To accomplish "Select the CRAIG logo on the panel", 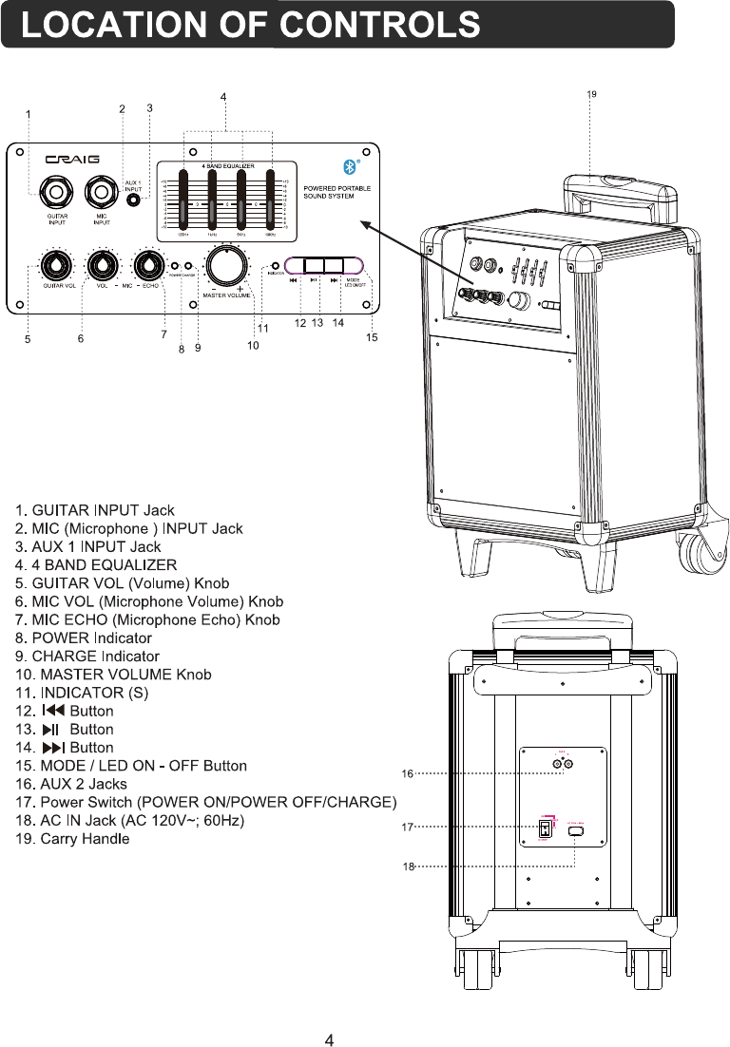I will point(75,159).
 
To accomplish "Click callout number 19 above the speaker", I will point(591,94).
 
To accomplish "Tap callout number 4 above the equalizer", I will point(223,97).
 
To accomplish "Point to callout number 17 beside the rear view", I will point(407,828).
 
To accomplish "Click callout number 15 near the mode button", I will point(372,337).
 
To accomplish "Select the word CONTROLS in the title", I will point(381,25).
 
